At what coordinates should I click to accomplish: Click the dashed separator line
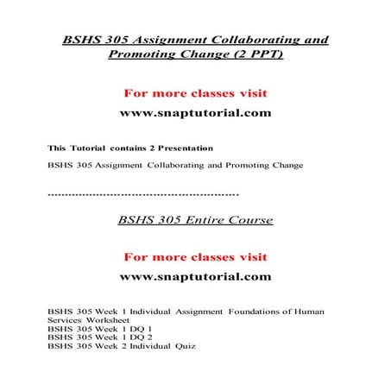tap(143, 196)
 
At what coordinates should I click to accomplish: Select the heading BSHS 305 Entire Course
tap(195, 220)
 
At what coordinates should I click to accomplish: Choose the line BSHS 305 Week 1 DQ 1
tap(100, 329)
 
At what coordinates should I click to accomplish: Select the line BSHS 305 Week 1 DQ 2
tap(100, 337)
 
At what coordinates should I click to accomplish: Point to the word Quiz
tap(185, 347)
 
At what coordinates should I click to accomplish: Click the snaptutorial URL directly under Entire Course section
tap(195, 277)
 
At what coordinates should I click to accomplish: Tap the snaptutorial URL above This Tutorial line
tap(195, 113)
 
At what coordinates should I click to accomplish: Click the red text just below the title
tap(195, 92)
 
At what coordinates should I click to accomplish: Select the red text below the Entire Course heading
tap(195, 256)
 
